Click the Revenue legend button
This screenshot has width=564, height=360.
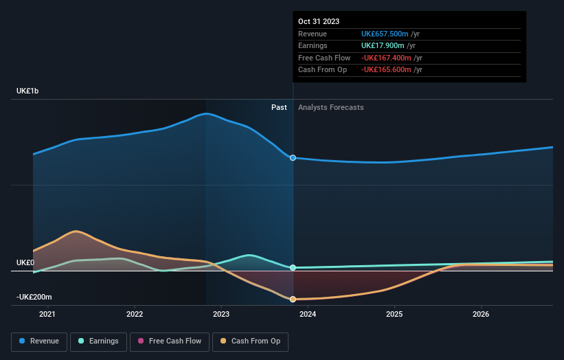[40, 341]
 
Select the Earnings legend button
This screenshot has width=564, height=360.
[94, 341]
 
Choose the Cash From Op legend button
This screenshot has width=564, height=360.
[251, 341]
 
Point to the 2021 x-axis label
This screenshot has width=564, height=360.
[47, 315]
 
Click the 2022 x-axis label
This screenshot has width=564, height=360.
[135, 315]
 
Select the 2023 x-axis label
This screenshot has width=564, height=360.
[221, 315]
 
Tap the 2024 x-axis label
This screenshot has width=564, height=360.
[308, 315]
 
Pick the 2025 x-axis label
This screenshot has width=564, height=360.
[394, 315]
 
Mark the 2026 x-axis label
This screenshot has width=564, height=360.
[481, 315]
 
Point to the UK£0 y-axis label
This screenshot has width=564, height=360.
[25, 263]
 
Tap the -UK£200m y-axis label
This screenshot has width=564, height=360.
[34, 297]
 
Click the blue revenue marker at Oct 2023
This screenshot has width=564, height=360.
[293, 158]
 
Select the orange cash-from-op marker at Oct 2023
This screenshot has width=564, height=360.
[293, 299]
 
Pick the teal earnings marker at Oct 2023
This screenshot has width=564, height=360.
[293, 267]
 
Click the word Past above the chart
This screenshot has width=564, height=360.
[279, 107]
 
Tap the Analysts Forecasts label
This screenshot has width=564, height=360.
[330, 107]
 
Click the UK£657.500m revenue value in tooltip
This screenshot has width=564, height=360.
[385, 34]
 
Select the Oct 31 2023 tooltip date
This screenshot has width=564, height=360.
[319, 21]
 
